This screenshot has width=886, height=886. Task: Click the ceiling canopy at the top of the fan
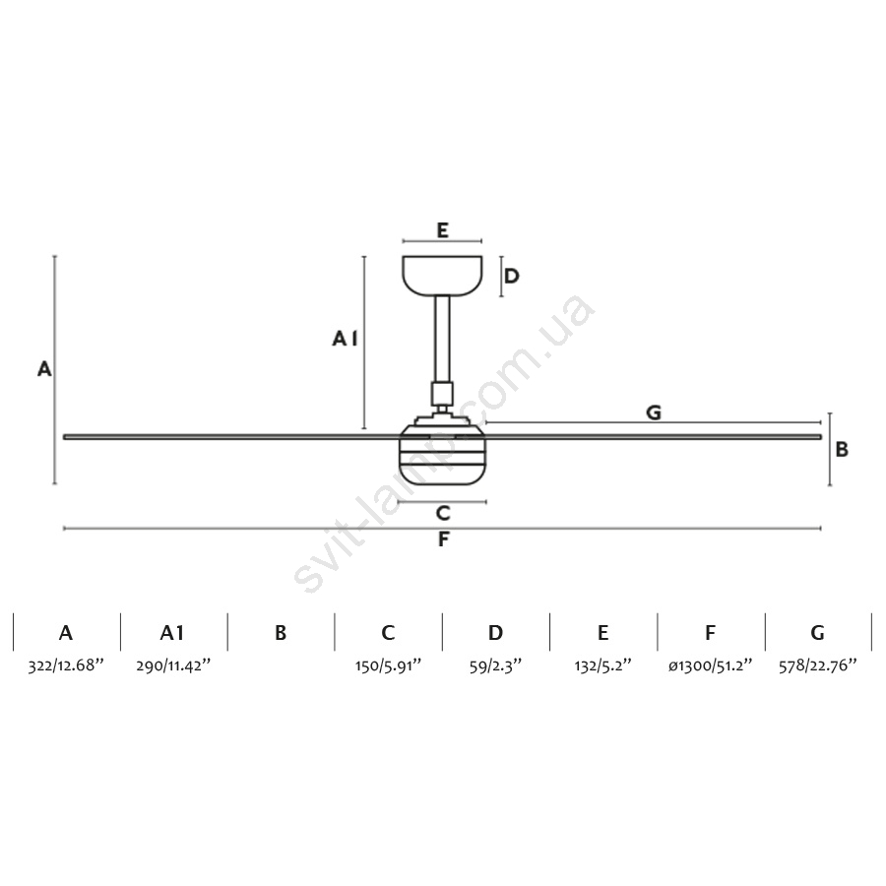[442, 276]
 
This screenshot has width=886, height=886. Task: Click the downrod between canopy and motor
[442, 339]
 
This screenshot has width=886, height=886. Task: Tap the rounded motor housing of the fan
[442, 455]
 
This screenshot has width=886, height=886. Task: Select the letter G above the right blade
[654, 412]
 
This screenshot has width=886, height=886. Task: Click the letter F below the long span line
[444, 539]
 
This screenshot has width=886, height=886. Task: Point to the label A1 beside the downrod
[345, 339]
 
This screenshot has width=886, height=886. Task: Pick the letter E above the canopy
[442, 230]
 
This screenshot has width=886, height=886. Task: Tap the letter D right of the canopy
[511, 277]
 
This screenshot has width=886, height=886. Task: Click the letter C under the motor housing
[443, 513]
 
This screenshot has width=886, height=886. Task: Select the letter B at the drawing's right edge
[842, 449]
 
